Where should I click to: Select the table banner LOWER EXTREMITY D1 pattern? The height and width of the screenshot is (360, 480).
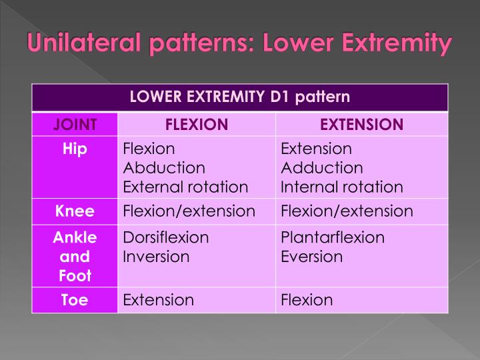239,97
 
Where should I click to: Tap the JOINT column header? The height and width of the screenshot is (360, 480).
75,124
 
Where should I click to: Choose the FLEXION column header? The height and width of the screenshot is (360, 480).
196,124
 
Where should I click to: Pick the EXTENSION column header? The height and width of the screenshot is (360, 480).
361,124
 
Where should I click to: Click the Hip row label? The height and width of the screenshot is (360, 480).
75,149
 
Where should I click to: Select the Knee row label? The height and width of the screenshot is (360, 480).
75,212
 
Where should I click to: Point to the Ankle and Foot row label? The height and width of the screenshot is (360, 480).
75,256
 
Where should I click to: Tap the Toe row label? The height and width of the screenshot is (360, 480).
75,300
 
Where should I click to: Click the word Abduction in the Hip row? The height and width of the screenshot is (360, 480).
164,167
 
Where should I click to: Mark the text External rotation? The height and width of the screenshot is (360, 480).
185,187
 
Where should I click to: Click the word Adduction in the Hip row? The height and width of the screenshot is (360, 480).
322,167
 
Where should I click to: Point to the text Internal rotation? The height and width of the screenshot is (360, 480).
342,187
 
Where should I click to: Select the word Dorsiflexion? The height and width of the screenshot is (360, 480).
166,237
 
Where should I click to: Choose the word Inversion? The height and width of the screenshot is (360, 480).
157,257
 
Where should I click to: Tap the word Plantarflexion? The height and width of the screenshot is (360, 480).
333,237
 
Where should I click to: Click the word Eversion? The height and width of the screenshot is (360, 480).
312,257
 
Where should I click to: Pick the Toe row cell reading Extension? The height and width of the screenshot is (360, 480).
159,300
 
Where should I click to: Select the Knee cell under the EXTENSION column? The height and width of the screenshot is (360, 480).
347,212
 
